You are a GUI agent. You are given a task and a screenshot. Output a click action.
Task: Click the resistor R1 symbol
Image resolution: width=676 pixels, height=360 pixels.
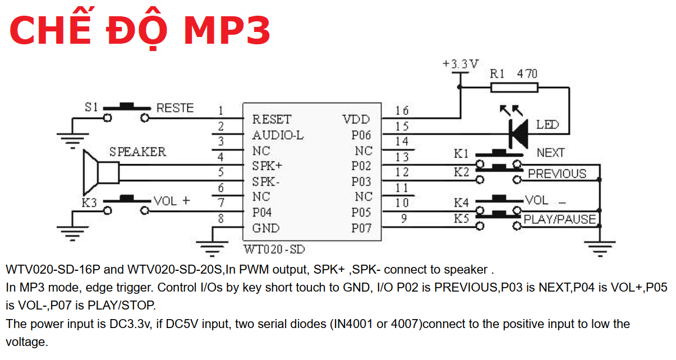(514, 87)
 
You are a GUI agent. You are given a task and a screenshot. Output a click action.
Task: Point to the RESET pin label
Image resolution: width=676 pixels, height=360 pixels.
(272, 119)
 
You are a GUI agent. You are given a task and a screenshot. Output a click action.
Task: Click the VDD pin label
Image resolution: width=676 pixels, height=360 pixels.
(357, 119)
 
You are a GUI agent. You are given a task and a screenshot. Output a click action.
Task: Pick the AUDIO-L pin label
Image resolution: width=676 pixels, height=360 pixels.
(278, 135)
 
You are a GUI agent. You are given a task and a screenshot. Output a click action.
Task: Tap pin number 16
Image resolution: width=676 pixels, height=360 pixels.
(402, 110)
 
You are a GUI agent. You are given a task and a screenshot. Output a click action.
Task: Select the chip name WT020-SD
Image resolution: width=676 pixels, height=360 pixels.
(274, 249)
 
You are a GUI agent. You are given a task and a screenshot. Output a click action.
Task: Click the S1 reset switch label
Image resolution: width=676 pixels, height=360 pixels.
(91, 107)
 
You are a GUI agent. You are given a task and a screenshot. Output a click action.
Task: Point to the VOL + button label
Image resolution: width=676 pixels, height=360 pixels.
(172, 201)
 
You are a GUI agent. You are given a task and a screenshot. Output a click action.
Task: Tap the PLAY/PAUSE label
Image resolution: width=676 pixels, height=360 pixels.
(559, 219)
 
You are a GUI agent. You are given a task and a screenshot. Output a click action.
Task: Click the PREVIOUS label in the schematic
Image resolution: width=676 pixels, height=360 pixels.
(557, 174)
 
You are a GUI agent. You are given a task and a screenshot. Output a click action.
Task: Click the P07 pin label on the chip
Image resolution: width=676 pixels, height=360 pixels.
(361, 228)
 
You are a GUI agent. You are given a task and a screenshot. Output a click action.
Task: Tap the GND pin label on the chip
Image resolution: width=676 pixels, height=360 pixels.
(265, 228)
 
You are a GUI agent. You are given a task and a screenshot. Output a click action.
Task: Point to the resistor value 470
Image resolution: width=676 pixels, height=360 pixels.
(527, 73)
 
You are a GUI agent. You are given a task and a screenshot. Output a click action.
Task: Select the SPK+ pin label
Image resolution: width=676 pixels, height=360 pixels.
(267, 167)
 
